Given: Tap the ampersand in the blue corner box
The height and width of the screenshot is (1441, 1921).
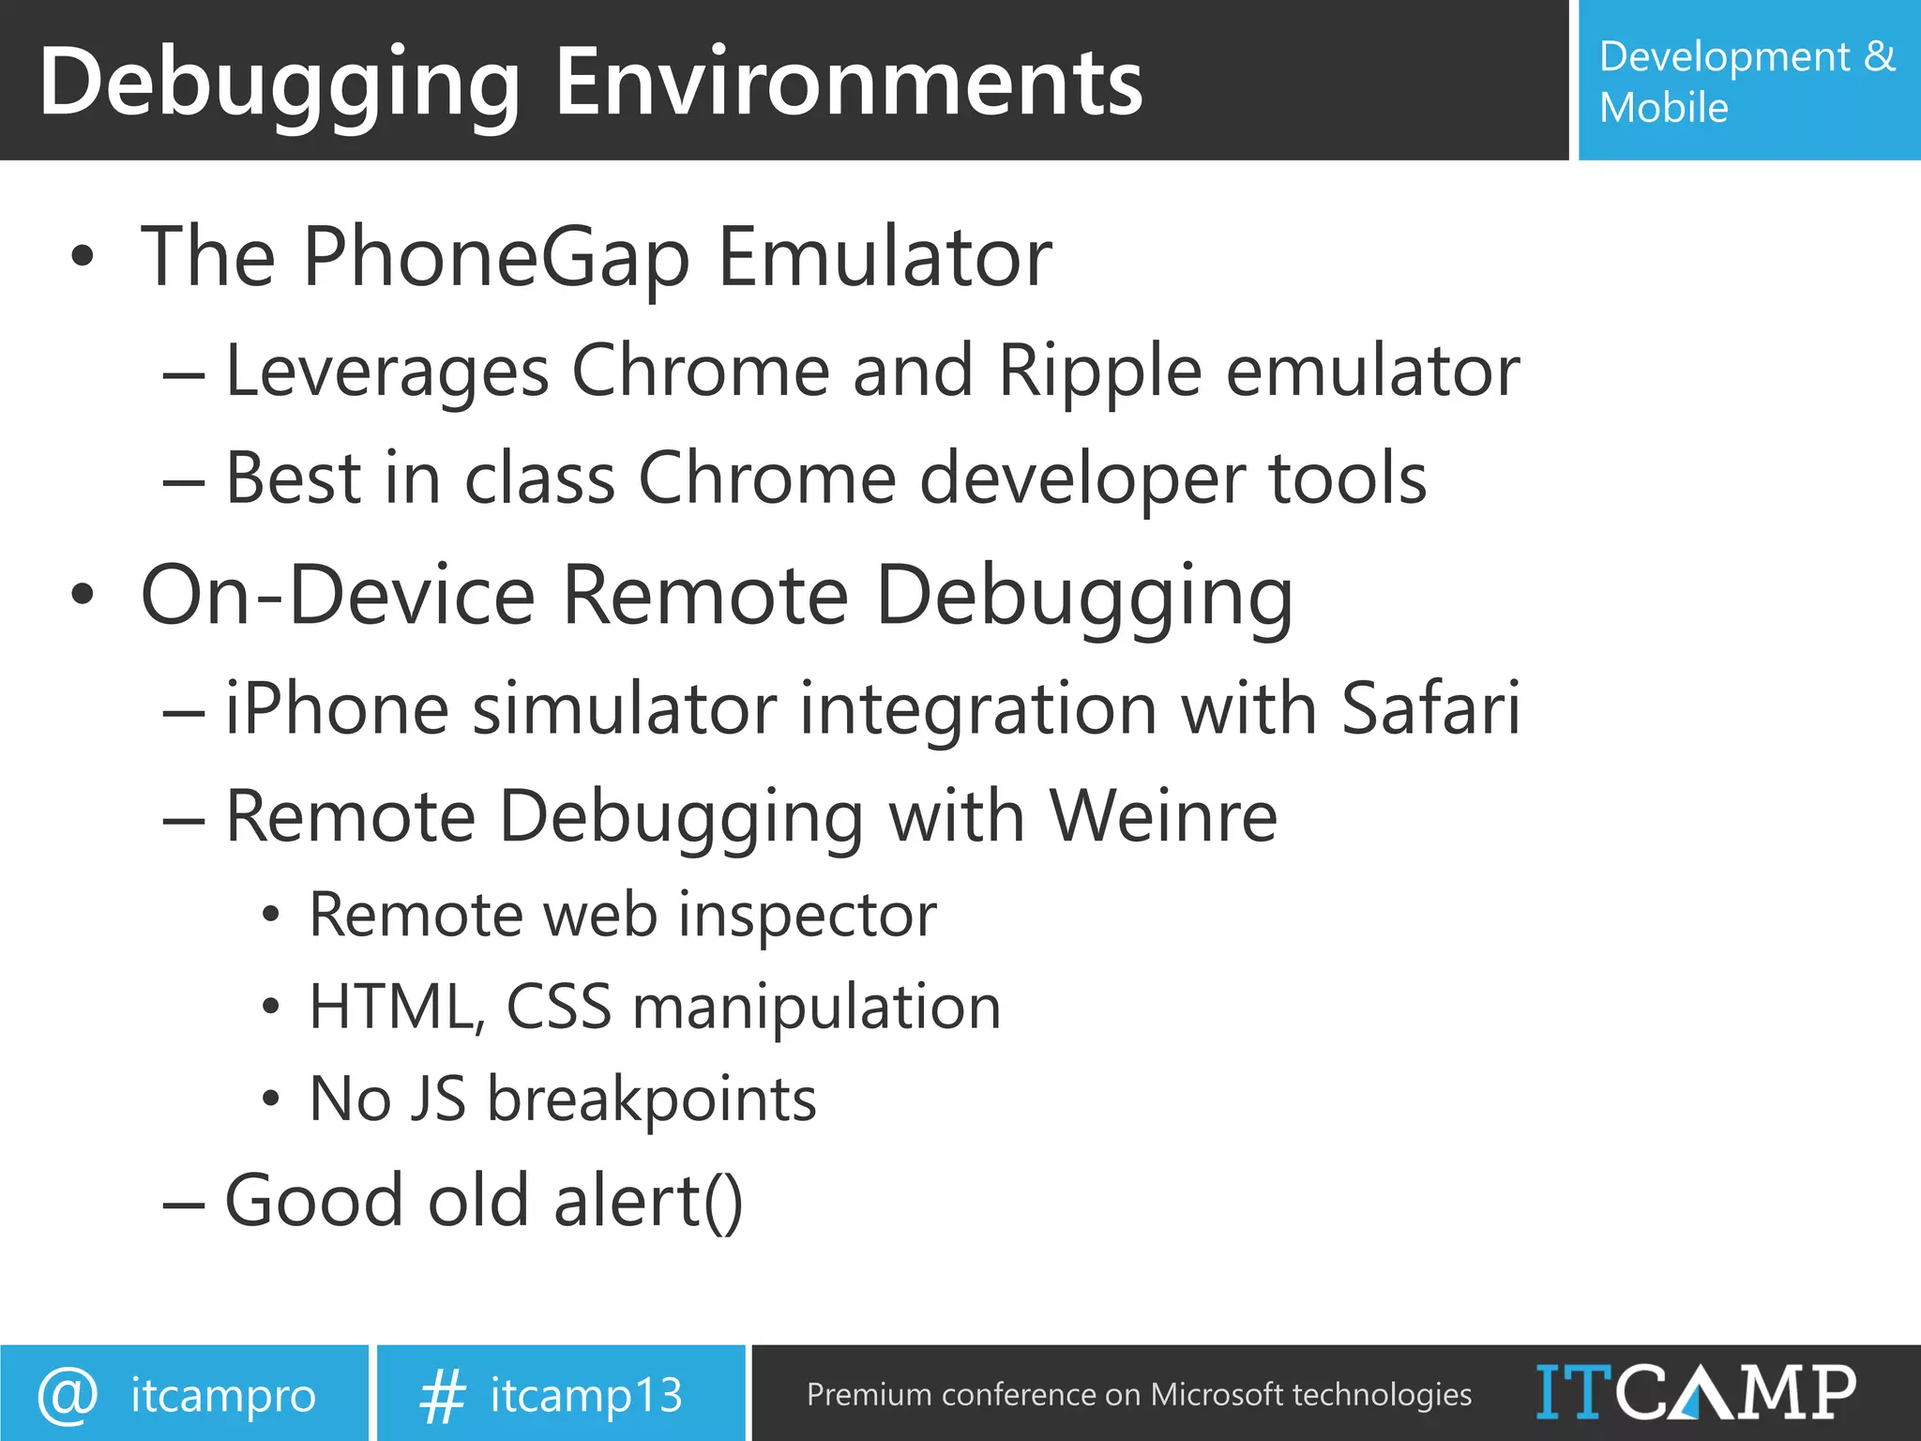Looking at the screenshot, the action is point(1879,57).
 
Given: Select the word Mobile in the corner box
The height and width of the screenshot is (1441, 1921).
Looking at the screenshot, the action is point(1663,108).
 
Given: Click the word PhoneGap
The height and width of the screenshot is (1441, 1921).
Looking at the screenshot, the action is point(496,257).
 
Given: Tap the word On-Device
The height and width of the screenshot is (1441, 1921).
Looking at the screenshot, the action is point(338,595).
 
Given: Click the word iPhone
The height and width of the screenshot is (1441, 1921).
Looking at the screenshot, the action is point(337,709).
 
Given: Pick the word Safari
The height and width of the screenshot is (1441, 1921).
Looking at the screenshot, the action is point(1429,709).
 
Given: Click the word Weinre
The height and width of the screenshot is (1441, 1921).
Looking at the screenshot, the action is point(1162,816).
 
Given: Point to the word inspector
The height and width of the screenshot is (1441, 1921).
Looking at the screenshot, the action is point(807,915).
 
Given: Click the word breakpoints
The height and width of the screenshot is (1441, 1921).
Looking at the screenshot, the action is point(651,1100).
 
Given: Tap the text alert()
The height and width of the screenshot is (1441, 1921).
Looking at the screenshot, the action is point(648,1201).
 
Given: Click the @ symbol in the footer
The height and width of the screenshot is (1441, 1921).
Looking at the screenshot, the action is point(68,1395).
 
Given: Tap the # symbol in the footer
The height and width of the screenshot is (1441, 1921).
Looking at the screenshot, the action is point(442,1396).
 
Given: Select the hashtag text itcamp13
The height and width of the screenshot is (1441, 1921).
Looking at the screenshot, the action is point(586,1396).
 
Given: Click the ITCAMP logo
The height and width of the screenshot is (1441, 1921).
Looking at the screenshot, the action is point(1695,1393).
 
